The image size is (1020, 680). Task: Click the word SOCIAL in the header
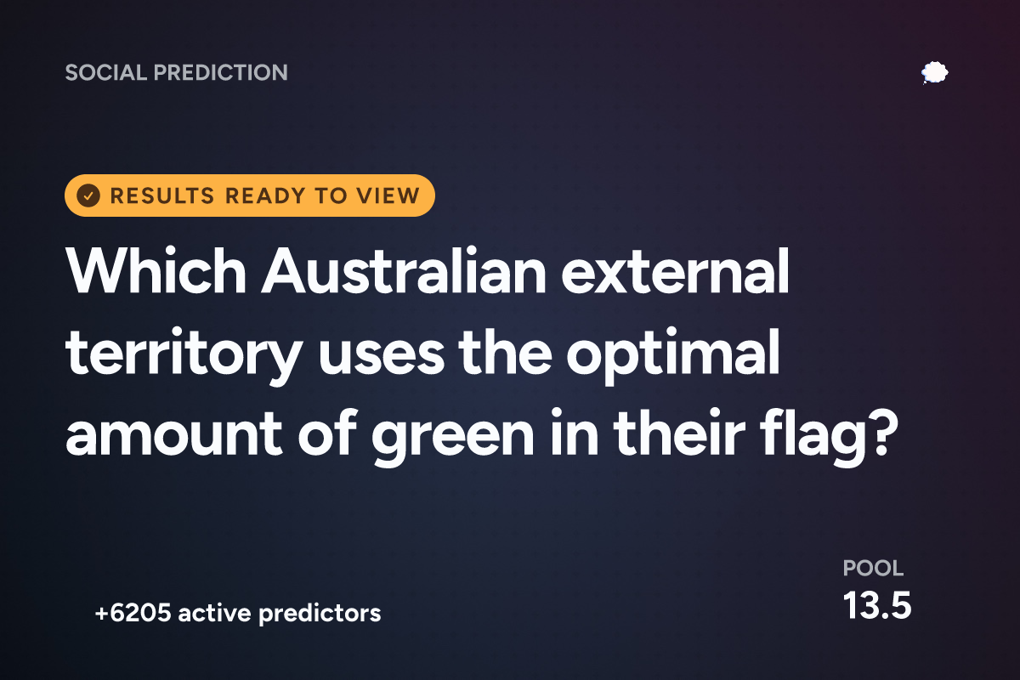106,72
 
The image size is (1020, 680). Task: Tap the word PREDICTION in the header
221,72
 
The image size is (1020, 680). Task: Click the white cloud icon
935,73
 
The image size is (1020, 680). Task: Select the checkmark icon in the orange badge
88,195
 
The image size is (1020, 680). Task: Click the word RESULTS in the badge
162,195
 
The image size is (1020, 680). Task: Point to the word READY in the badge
265,195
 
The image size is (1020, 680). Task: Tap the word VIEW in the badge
388,195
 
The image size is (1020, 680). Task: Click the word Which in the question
156,271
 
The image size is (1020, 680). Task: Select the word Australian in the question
403,271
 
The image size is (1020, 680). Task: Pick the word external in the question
675,271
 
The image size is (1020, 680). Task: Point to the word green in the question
453,436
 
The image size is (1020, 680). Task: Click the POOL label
873,569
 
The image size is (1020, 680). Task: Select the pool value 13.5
877,606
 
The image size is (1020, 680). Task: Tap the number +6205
133,613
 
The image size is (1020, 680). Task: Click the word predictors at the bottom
320,614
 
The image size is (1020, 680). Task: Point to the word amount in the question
174,435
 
